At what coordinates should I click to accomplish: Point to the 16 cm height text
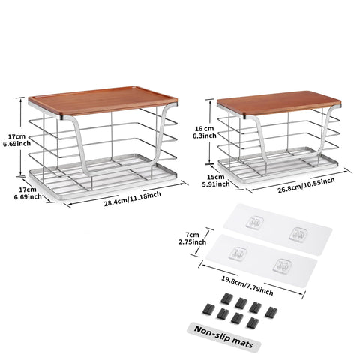click(x=204, y=130)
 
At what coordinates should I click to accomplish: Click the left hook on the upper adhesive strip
click(x=256, y=223)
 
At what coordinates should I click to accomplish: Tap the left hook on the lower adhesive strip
click(x=240, y=255)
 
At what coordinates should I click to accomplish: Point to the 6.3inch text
click(x=204, y=137)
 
